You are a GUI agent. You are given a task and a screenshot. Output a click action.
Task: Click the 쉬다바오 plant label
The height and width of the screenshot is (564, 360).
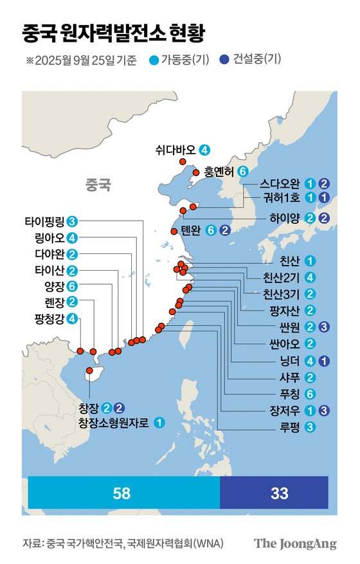point(175,150)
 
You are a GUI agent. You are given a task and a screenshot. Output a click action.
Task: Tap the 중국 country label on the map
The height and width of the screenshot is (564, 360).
point(98,186)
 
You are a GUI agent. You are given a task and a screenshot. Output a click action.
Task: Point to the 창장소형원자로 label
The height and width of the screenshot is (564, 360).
point(113,423)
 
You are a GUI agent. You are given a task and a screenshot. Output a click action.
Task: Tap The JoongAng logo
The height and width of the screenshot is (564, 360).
point(295,544)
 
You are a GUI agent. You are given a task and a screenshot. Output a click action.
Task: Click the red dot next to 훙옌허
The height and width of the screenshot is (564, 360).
point(196,172)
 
